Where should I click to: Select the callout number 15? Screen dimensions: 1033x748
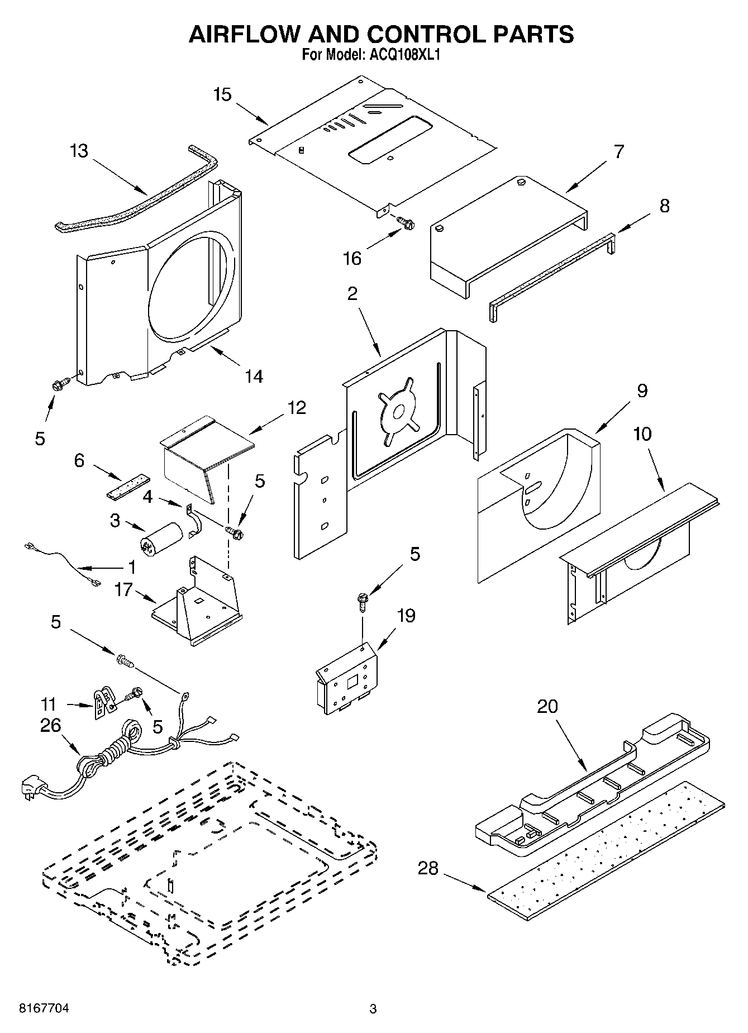click(222, 94)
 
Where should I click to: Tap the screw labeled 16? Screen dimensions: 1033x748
click(406, 223)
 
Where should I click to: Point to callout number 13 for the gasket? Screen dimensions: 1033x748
click(79, 151)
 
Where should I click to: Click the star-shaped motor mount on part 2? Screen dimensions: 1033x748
click(398, 412)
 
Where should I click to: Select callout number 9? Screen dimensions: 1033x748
click(642, 391)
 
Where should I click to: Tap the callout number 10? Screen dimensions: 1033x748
click(642, 433)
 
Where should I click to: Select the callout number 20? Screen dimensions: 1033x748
click(547, 706)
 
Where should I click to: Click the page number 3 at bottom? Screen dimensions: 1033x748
click(373, 1009)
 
